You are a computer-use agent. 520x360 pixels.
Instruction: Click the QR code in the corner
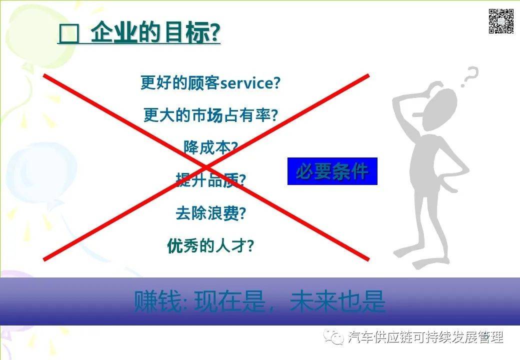pos(501,21)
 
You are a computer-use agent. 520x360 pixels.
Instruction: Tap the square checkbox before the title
pos(69,36)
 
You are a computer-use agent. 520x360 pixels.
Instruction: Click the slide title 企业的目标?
pos(155,34)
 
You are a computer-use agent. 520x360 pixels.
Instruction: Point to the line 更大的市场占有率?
pos(210,115)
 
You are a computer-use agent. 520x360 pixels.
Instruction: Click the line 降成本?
pos(210,147)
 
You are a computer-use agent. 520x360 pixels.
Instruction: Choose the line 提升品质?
pos(210,180)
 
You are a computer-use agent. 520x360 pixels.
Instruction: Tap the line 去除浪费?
pos(210,213)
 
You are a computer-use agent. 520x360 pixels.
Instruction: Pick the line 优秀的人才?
pos(210,245)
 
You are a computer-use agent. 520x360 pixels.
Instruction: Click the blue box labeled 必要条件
pos(332,171)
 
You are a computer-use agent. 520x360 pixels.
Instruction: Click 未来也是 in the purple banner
pos(337,301)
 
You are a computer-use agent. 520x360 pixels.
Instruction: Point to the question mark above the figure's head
pos(469,77)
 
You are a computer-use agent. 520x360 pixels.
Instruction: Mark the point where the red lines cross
pos(206,166)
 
